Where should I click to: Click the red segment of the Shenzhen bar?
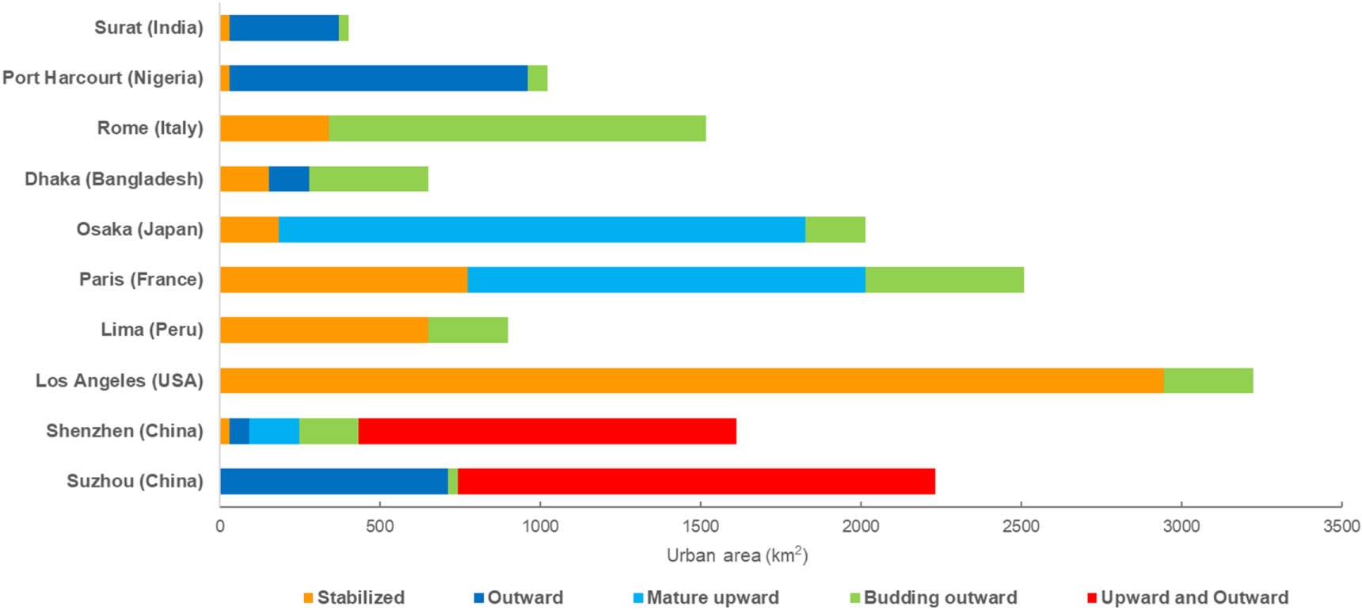point(546,431)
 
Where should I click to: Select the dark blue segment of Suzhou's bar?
point(333,481)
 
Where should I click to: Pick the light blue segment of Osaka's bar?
point(542,229)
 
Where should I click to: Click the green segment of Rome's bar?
point(517,128)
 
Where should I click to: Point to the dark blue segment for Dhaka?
point(288,179)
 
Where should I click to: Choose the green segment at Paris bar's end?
point(944,280)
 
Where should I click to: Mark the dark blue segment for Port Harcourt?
point(378,78)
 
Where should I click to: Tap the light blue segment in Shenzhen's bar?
point(274,431)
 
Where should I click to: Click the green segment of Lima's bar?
point(468,330)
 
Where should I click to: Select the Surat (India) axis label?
point(149,28)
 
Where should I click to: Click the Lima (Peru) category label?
point(152,330)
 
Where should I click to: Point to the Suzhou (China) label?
point(135,481)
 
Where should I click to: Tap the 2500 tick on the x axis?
point(1021,526)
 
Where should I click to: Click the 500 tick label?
point(380,526)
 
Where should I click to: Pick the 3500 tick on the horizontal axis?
point(1341,526)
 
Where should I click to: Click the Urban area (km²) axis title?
point(736,555)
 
